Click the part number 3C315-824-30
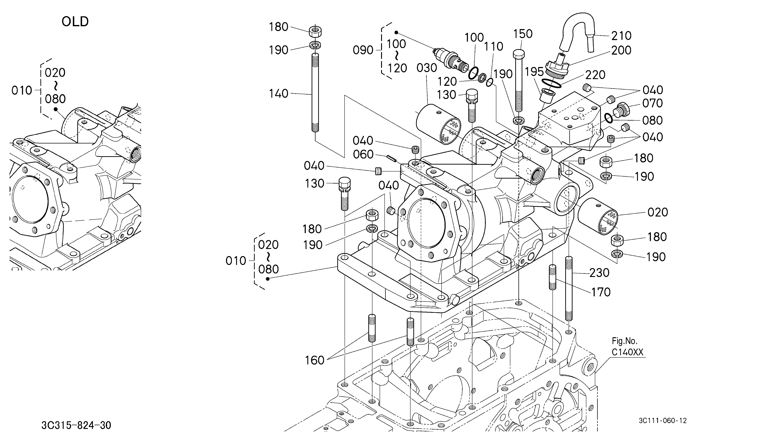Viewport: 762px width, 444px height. coord(76,425)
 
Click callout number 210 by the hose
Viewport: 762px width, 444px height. coord(621,36)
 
